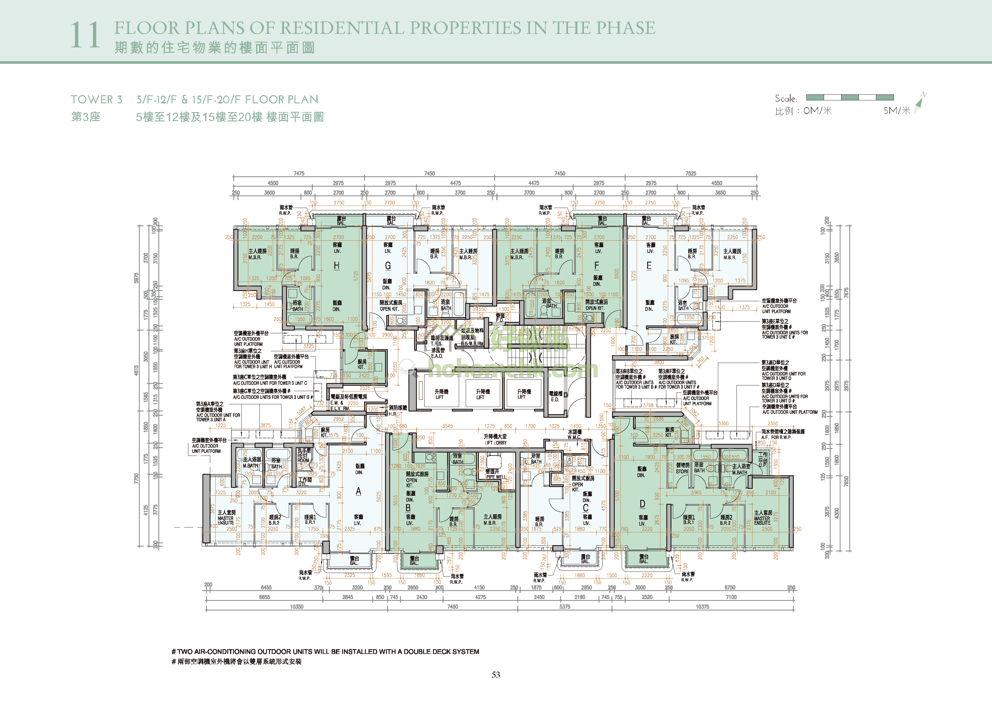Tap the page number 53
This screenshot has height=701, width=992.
[496, 675]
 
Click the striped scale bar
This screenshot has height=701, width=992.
[850, 98]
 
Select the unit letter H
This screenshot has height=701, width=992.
[336, 266]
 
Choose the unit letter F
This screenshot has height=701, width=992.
[597, 265]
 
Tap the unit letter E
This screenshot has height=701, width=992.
[649, 266]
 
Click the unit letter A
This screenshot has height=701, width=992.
[358, 491]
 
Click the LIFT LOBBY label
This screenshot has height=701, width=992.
[496, 443]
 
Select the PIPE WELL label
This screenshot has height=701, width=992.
[496, 477]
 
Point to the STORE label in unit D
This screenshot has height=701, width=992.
[682, 471]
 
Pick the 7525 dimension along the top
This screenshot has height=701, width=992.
[690, 174]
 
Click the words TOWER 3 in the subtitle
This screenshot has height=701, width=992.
[96, 100]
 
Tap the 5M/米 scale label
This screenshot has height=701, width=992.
[897, 111]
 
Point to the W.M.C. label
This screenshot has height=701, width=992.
[574, 437]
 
